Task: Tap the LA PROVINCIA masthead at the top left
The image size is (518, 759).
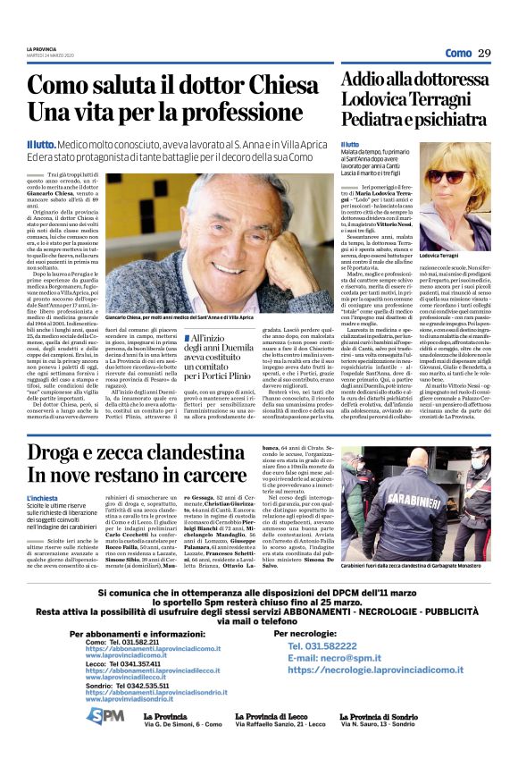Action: pyautogui.click(x=41, y=48)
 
